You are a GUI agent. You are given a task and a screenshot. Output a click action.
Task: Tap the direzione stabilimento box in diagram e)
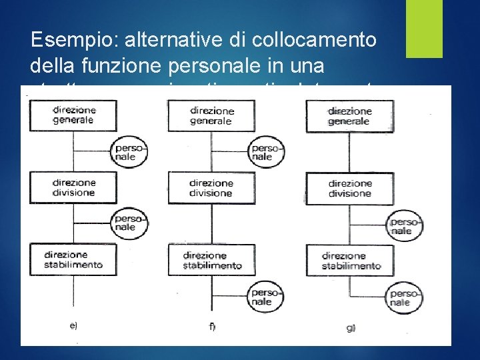[x=72, y=259]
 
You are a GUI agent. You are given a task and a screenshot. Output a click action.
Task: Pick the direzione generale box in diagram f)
[x=211, y=115]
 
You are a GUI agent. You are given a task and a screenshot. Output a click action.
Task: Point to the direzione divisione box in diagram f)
[x=211, y=188]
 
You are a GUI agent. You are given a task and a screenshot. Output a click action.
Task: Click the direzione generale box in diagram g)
[x=348, y=115]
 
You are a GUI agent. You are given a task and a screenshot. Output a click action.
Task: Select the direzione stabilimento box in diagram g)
[x=349, y=260]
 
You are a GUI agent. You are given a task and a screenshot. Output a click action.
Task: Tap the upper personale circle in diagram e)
[x=126, y=153]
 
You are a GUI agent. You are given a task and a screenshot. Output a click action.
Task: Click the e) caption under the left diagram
[x=73, y=325]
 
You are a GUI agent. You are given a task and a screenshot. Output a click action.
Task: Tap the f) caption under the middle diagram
[x=211, y=327]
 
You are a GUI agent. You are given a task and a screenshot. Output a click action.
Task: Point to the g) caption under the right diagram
[x=350, y=328]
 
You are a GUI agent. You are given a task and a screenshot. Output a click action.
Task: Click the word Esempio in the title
[x=70, y=40]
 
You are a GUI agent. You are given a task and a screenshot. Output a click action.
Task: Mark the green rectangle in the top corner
[x=424, y=28]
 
